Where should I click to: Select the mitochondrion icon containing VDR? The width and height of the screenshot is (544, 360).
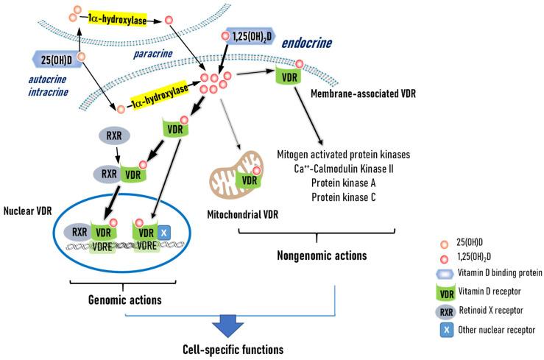(x=241, y=180)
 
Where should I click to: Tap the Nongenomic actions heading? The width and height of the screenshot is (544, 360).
(x=317, y=255)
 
